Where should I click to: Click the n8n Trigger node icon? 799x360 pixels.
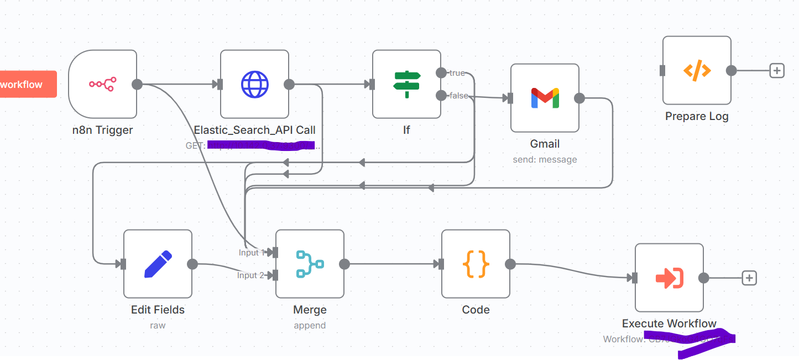(x=102, y=84)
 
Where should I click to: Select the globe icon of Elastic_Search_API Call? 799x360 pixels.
(x=254, y=84)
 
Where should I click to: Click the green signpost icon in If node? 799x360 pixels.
(x=406, y=84)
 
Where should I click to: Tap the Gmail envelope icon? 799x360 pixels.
(x=545, y=98)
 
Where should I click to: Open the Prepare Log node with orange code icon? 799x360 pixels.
(x=697, y=70)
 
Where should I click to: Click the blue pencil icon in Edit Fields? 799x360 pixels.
(x=158, y=264)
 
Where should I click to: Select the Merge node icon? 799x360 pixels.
(x=310, y=264)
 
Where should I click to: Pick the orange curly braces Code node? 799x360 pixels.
(x=476, y=264)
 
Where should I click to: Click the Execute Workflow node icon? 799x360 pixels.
(x=669, y=278)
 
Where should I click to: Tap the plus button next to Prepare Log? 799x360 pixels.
(x=777, y=70)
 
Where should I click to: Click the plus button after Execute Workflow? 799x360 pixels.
(x=749, y=278)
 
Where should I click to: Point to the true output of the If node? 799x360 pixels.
(x=441, y=73)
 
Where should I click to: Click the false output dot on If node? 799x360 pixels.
(x=441, y=96)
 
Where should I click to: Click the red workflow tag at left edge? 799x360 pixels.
(x=25, y=84)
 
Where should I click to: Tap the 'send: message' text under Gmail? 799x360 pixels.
(x=545, y=160)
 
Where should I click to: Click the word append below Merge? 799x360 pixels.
(x=310, y=326)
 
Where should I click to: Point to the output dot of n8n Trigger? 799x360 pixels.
(x=137, y=84)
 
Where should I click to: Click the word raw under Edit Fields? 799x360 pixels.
(x=158, y=326)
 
